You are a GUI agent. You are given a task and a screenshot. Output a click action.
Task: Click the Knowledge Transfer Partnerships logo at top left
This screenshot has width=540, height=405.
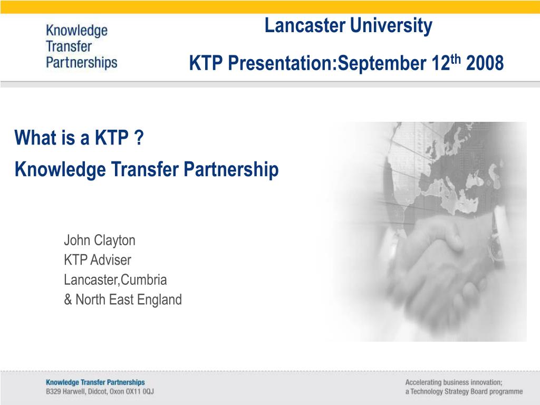(x=81, y=46)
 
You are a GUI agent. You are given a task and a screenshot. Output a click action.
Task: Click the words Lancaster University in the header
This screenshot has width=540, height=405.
(x=348, y=25)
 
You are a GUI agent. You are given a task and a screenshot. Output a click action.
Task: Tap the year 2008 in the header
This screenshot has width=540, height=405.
(x=485, y=64)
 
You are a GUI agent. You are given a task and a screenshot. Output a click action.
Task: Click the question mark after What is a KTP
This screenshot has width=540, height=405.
(x=139, y=138)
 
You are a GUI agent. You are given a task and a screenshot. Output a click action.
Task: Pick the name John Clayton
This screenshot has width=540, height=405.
(x=99, y=240)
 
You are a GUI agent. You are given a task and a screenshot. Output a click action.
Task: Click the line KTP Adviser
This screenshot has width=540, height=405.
(x=97, y=260)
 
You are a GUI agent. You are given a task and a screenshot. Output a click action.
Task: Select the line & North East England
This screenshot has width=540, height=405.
(x=122, y=300)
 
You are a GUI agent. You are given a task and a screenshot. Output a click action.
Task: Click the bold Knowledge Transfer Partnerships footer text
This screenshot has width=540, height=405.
(x=95, y=382)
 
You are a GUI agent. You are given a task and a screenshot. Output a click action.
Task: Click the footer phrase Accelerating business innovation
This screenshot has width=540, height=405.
(x=453, y=382)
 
